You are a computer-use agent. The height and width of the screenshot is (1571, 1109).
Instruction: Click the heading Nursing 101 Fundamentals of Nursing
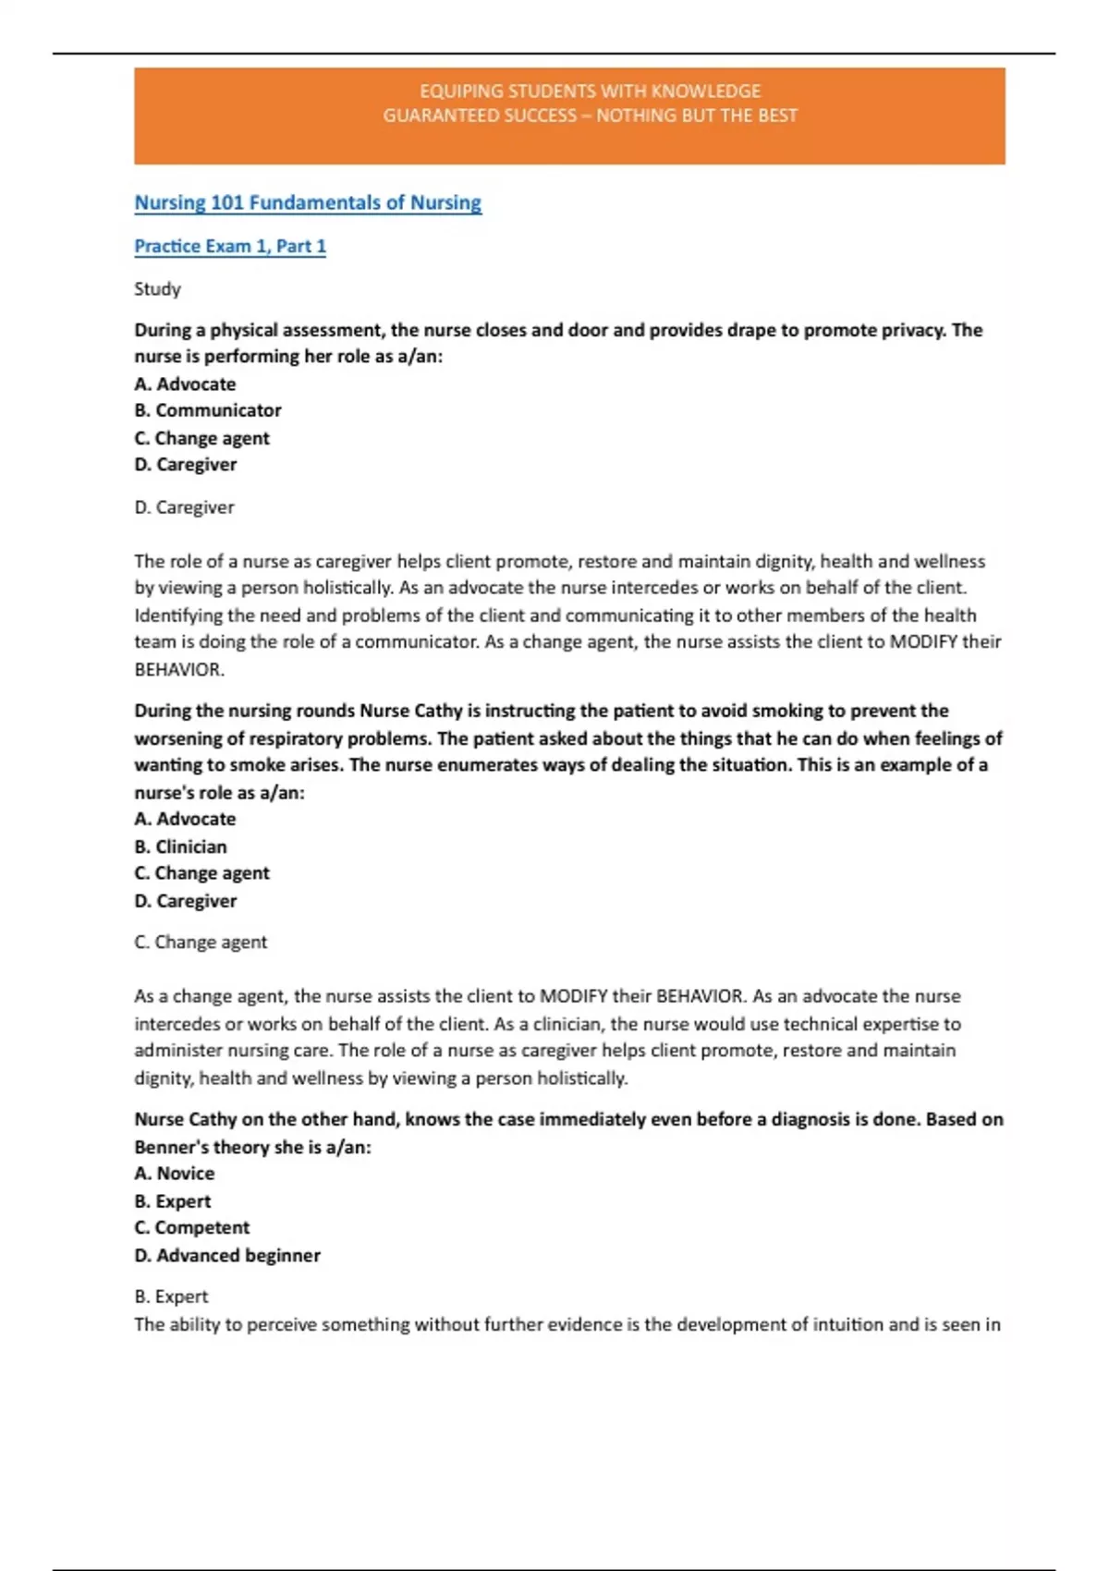click(308, 202)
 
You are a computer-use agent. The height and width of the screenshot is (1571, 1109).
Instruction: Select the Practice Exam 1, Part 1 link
click(230, 246)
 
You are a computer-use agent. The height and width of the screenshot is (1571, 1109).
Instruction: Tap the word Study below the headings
click(157, 288)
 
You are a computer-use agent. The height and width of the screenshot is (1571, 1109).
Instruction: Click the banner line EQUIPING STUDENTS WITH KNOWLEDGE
click(590, 91)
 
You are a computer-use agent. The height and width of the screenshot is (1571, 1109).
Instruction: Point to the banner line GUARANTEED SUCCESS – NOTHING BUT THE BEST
click(590, 116)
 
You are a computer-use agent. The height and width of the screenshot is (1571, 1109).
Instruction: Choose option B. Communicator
click(208, 410)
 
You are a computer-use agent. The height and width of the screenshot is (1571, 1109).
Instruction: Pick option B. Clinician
click(180, 846)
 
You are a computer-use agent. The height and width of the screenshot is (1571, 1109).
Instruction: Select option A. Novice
click(175, 1173)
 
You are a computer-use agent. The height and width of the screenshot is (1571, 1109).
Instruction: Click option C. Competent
click(192, 1227)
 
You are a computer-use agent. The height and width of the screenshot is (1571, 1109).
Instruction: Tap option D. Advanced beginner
click(227, 1255)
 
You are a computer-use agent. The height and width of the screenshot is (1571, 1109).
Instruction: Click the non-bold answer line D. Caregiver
click(184, 507)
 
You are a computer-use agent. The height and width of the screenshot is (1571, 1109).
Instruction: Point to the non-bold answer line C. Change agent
click(201, 942)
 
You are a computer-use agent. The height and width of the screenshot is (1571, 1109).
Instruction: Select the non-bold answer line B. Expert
click(171, 1297)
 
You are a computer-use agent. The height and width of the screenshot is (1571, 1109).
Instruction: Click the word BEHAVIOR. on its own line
click(179, 669)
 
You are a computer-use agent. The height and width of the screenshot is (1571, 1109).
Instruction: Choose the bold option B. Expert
click(173, 1201)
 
